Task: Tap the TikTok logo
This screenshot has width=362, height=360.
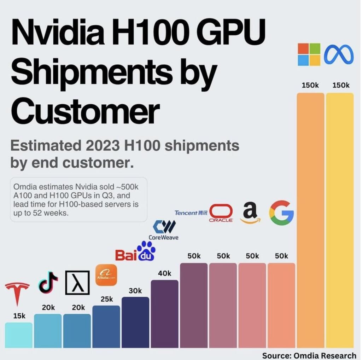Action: [x=48, y=282]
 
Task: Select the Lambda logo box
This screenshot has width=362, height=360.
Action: [x=77, y=283]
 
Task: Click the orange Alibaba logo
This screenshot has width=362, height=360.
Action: [x=106, y=275]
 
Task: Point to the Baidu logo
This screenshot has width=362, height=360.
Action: [x=135, y=251]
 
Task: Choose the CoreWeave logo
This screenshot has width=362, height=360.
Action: [x=164, y=230]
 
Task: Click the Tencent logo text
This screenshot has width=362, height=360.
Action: [x=191, y=213]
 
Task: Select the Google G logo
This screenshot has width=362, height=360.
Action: [x=281, y=213]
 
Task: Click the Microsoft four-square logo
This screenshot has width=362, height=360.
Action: [x=309, y=54]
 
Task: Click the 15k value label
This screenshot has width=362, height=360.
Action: [x=19, y=316]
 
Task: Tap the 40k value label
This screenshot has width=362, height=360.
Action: [x=164, y=273]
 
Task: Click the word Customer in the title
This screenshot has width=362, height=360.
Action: [x=85, y=113]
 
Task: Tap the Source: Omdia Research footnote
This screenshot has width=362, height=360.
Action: [x=309, y=355]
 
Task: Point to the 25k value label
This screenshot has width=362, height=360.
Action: [x=107, y=299]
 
